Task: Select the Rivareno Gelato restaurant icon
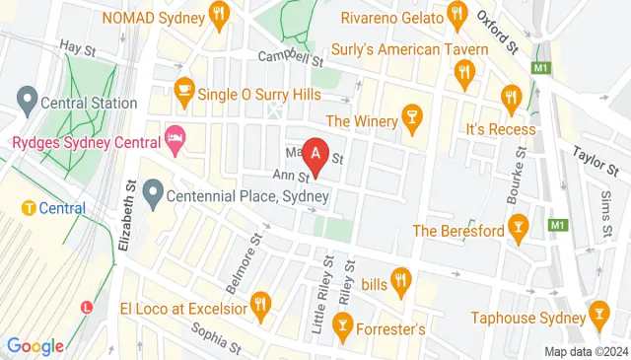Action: pyautogui.click(x=456, y=15)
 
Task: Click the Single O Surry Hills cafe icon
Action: pyautogui.click(x=182, y=90)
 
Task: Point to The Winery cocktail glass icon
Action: pyautogui.click(x=412, y=120)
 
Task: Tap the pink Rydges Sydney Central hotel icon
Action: pyautogui.click(x=175, y=140)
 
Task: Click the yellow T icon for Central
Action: pyautogui.click(x=30, y=208)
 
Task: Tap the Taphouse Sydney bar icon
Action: pyautogui.click(x=596, y=317)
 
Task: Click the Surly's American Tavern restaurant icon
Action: pyautogui.click(x=465, y=71)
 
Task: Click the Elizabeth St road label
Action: pyautogui.click(x=124, y=214)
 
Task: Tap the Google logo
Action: pyautogui.click(x=35, y=345)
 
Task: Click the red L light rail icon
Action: pyautogui.click(x=87, y=307)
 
